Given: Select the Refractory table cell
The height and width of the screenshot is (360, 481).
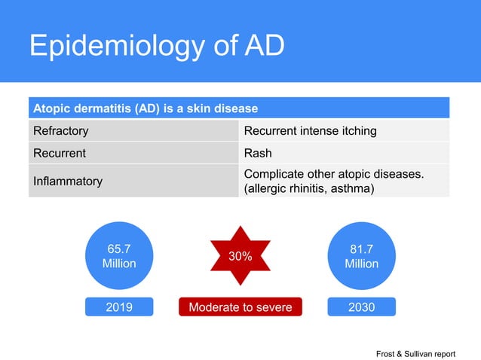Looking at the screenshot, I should pyautogui.click(x=133, y=131).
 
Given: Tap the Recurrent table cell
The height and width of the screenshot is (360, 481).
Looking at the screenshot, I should pyautogui.click(x=133, y=154).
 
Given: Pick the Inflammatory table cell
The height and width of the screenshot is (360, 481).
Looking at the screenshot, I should pyautogui.click(x=133, y=182).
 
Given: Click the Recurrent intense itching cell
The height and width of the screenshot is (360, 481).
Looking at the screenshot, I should pyautogui.click(x=344, y=131).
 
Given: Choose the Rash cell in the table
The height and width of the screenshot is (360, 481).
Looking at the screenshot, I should pyautogui.click(x=344, y=154).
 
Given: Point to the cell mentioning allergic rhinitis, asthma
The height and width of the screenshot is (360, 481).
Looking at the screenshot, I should pyautogui.click(x=344, y=182).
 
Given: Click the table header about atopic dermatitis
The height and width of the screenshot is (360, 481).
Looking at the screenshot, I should pyautogui.click(x=239, y=108).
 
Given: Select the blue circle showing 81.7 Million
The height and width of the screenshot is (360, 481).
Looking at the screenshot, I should pyautogui.click(x=361, y=256).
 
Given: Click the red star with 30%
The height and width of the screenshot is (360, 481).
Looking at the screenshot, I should pyautogui.click(x=240, y=256).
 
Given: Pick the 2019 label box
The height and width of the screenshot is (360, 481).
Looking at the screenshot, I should pyautogui.click(x=119, y=307).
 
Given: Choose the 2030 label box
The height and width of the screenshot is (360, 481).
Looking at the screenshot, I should pyautogui.click(x=361, y=307).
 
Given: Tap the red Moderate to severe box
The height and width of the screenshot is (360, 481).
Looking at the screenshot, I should pyautogui.click(x=240, y=307).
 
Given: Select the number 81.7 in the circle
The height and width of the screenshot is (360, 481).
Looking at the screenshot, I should pyautogui.click(x=361, y=249).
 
